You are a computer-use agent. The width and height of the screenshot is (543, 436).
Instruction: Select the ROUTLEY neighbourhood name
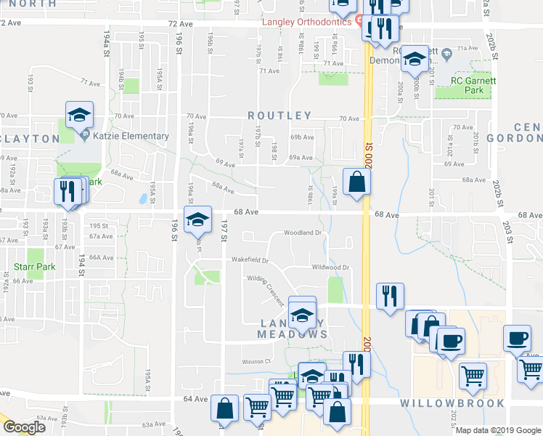point(279,116)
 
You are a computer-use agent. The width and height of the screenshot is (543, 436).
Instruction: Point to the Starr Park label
point(35,267)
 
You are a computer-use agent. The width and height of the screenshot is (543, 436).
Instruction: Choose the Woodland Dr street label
point(302,233)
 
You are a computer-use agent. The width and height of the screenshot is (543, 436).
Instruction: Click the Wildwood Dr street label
point(330,267)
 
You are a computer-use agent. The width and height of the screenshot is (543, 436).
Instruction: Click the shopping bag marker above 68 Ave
point(356,182)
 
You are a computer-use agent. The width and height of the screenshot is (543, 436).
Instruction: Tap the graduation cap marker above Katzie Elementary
point(79,114)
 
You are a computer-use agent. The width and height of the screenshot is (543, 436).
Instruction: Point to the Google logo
point(24,427)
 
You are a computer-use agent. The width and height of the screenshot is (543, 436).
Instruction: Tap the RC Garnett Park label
point(473,86)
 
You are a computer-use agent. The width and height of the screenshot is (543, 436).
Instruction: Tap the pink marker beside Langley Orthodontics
point(357,21)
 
